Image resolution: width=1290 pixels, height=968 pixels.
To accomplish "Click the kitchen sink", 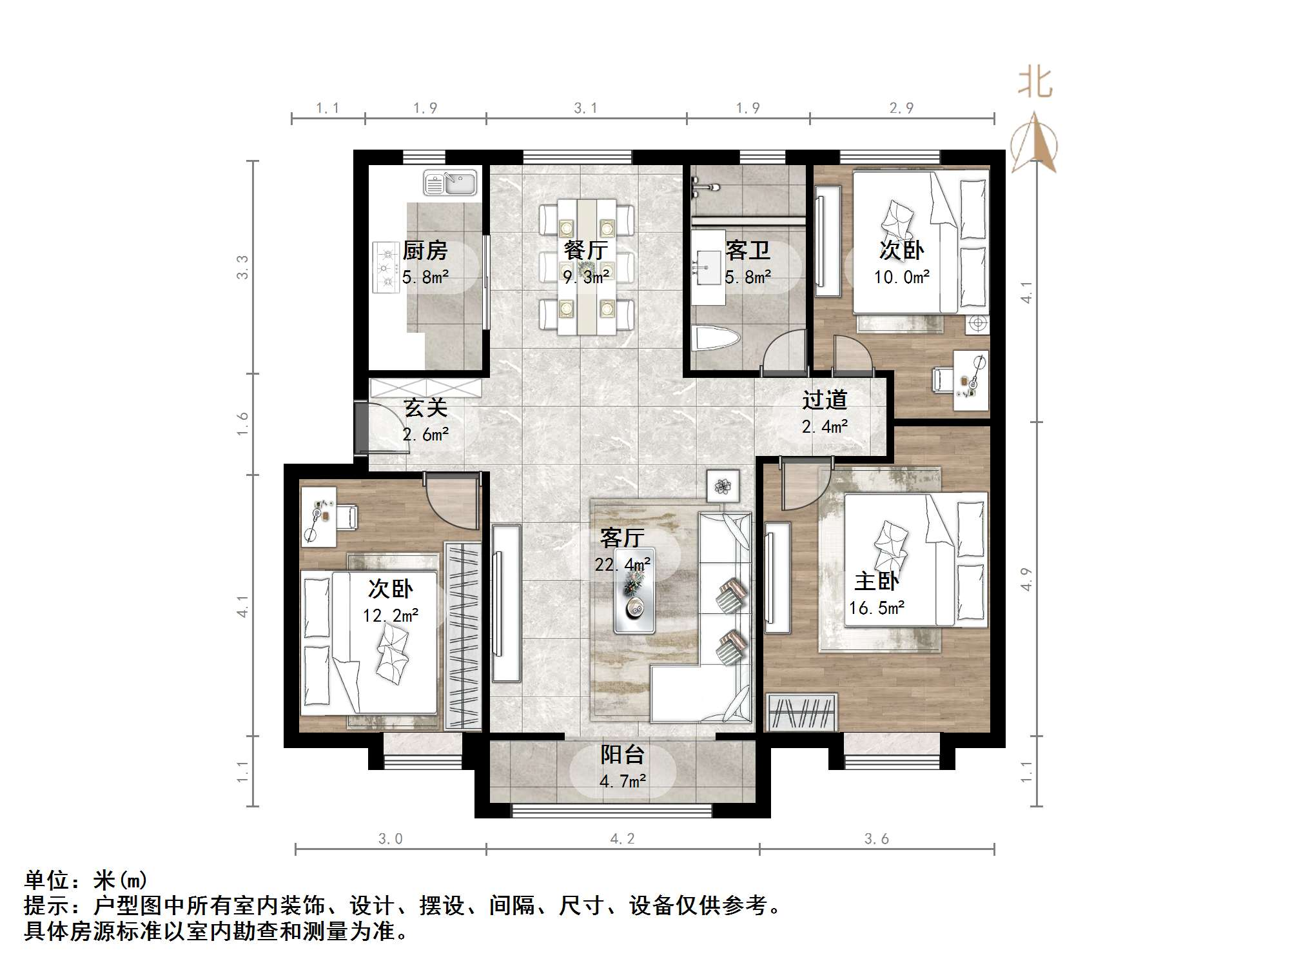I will coord(450,183).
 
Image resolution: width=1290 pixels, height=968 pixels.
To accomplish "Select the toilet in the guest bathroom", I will coord(715,339).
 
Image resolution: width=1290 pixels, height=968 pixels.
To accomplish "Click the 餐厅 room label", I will coord(585,250).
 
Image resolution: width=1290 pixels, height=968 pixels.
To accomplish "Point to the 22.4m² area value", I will coord(622,565).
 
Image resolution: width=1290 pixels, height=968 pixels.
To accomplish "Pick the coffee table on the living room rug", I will coord(634,591).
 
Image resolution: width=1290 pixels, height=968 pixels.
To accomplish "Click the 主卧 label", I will coord(876,581).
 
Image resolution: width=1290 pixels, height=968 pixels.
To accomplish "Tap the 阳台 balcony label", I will coord(622,755).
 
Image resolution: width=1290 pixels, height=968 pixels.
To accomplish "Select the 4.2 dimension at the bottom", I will coord(622,838).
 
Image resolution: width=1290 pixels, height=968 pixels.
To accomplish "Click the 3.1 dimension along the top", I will coord(585,108).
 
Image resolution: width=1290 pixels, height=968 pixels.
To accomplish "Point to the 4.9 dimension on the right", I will coord(1026,578).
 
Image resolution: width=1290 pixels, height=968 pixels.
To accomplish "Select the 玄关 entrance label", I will coord(425,408).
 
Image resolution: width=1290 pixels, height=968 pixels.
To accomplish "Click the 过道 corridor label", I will coord(825,400).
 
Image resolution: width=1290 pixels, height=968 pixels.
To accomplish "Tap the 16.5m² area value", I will coord(876,608).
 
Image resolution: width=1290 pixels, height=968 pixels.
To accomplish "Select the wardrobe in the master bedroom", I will coord(802,712).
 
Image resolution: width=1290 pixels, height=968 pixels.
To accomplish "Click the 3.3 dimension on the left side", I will coord(242,267).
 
